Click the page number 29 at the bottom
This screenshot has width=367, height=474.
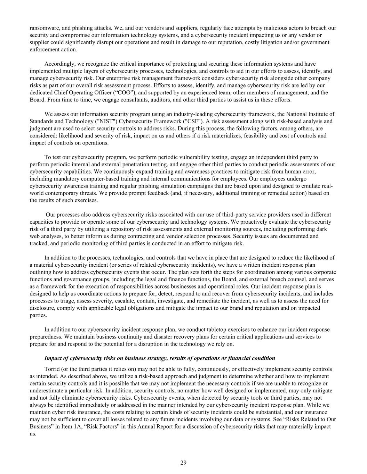coord(183,463)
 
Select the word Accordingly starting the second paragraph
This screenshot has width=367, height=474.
coord(58,64)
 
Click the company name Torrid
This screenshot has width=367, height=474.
coord(51,369)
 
